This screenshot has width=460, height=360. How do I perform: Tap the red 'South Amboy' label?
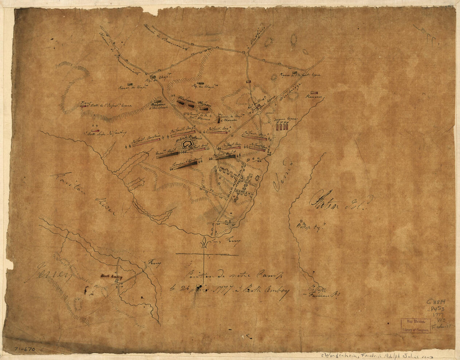110,276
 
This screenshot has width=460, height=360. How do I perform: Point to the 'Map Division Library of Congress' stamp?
416,326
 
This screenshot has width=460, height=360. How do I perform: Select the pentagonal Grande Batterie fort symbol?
187,144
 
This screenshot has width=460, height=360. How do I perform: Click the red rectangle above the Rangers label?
314,92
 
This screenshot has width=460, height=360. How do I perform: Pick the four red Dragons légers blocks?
283,126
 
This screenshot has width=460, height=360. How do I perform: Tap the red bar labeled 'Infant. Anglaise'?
146,142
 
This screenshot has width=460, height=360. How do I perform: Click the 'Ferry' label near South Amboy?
154,263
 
